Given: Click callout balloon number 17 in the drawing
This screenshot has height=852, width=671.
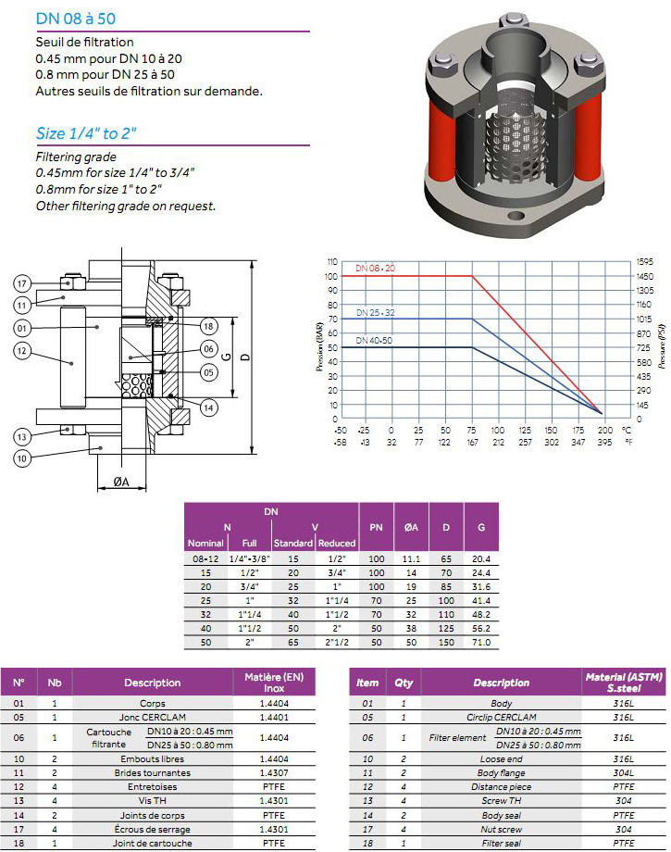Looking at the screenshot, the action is coord(21,283).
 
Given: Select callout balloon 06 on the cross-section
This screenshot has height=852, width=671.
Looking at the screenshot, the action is coord(209,349).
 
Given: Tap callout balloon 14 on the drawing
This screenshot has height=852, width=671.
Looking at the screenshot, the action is coord(209,407).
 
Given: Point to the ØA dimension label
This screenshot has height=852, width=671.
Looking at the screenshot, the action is coord(121,482).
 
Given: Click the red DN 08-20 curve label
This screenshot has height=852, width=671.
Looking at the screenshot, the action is coord(375,268).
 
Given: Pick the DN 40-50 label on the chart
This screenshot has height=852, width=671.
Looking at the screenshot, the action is coord(374,341).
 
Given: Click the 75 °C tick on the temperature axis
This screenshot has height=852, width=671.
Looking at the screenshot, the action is coord(471,430).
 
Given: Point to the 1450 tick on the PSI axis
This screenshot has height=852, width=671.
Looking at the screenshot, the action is coord(645,277).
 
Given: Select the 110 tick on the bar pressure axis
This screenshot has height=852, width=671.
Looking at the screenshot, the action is coord(332,262).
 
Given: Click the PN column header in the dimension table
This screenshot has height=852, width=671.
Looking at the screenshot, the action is coord(376,527).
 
